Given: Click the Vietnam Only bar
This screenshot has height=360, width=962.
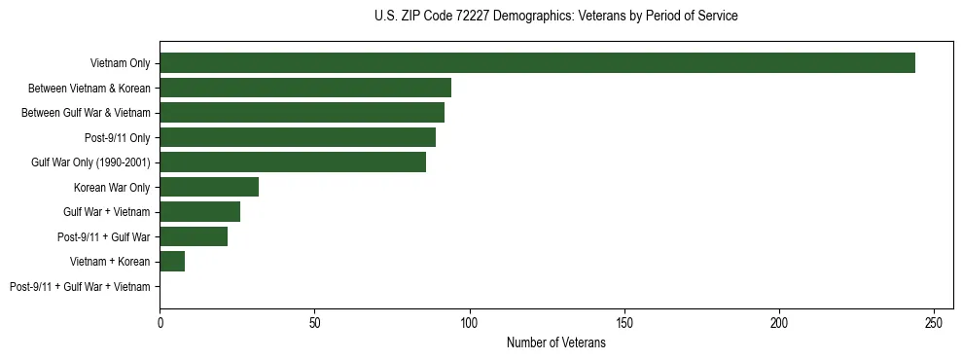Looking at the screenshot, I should point(537,63).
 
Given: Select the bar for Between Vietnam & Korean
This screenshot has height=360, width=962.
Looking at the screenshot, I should point(305,88).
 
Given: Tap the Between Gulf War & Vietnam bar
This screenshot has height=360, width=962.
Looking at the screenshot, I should point(302,113).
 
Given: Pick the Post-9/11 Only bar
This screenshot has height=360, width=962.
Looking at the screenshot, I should point(298,137).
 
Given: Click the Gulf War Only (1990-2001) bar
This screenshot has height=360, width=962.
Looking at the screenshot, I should point(293,162).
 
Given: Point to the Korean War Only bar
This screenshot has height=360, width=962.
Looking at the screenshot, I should point(209,187).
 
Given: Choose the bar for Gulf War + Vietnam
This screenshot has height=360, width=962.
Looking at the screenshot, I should point(200,212).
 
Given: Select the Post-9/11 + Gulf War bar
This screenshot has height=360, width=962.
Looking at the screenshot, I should point(194,236).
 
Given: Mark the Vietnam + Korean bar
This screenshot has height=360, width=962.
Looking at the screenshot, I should point(172,262).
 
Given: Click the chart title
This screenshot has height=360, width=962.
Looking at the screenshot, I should point(555,17).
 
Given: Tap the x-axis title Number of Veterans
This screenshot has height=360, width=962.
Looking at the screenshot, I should point(555,342).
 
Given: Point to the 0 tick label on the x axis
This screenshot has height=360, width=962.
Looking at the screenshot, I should point(160,323).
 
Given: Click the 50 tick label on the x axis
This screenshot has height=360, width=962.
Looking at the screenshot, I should point(315,323).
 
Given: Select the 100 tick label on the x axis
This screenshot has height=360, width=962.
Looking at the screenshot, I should point(470,323).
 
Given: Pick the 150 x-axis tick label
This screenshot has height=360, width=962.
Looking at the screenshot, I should point(624,323).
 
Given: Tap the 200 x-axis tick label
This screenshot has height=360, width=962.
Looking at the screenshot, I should point(779,323).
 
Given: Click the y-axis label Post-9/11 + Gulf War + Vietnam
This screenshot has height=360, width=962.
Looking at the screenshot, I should point(80,287).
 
